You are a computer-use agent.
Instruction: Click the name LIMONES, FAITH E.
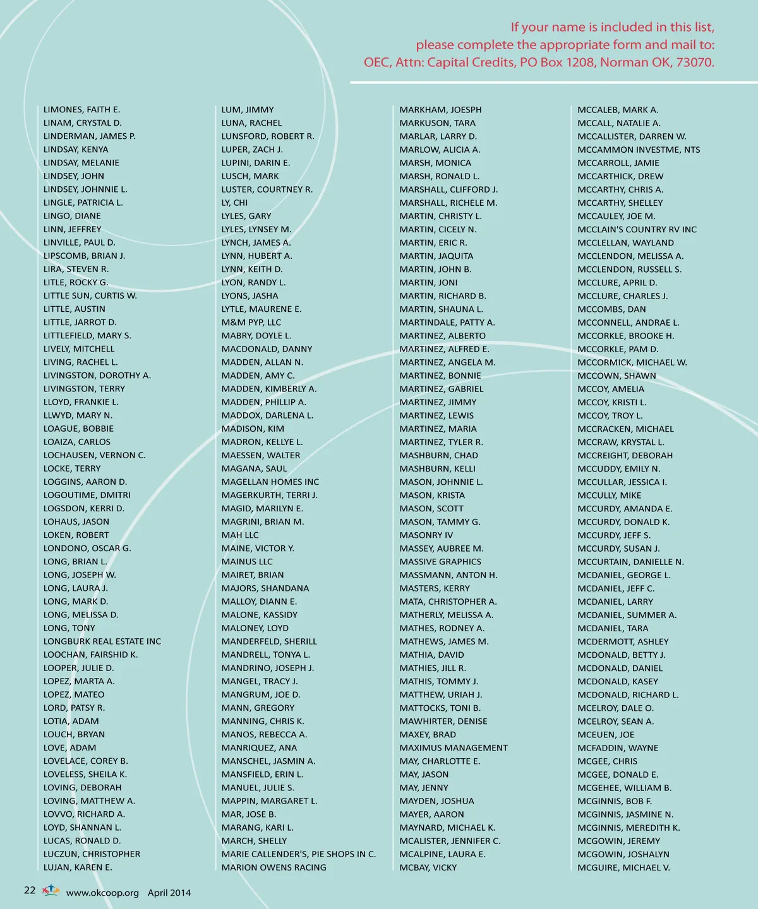click(x=81, y=110)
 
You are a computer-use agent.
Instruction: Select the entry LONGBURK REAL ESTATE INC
click(x=102, y=641)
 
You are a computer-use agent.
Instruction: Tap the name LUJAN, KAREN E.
click(x=78, y=867)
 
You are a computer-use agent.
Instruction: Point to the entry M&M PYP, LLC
click(x=251, y=323)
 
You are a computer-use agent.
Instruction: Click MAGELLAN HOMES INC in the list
click(x=270, y=482)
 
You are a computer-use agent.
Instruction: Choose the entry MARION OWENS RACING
click(x=274, y=867)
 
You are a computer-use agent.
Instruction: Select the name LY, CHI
click(x=234, y=203)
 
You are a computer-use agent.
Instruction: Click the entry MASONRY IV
click(x=426, y=535)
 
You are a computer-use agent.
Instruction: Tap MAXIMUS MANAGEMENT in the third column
click(x=454, y=748)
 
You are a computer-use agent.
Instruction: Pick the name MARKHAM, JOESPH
click(x=440, y=110)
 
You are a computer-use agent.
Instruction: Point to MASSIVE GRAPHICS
click(x=440, y=562)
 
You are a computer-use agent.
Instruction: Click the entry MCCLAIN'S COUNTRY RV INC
click(x=637, y=230)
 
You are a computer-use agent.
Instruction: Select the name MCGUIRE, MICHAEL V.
click(x=623, y=867)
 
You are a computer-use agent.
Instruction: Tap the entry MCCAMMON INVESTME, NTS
click(x=639, y=150)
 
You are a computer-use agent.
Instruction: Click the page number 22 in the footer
click(x=30, y=891)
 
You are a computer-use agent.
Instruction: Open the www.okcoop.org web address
click(x=102, y=893)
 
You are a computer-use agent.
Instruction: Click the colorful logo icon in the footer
click(x=51, y=891)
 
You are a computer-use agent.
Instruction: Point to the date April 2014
click(x=169, y=893)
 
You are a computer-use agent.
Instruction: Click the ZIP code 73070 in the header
click(x=694, y=62)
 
